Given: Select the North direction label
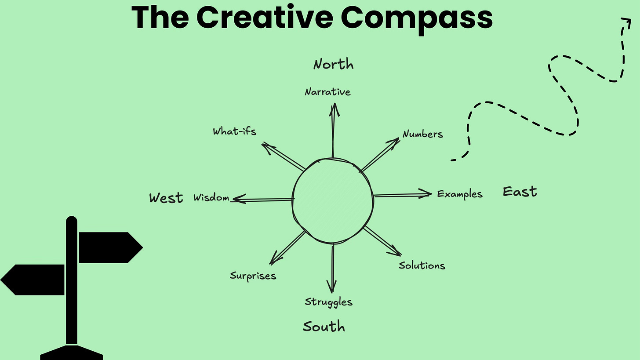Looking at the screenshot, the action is click(x=333, y=65).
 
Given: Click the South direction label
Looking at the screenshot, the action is click(x=324, y=327).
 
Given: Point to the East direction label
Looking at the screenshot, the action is click(x=520, y=192).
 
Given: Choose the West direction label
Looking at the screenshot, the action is click(x=166, y=198).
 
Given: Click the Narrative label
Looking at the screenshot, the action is click(x=327, y=92).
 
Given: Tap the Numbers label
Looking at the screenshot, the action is click(x=422, y=134).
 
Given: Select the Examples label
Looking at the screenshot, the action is click(x=459, y=194).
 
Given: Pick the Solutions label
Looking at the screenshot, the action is click(x=422, y=265).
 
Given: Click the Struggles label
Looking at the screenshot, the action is click(x=328, y=302).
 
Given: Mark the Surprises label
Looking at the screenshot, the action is click(x=253, y=276).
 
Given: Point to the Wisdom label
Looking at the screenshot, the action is click(x=211, y=198).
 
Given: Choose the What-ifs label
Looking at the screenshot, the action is click(x=234, y=131).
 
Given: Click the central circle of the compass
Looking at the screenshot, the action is click(x=333, y=201).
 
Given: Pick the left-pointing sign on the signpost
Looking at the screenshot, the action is click(x=33, y=280).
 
